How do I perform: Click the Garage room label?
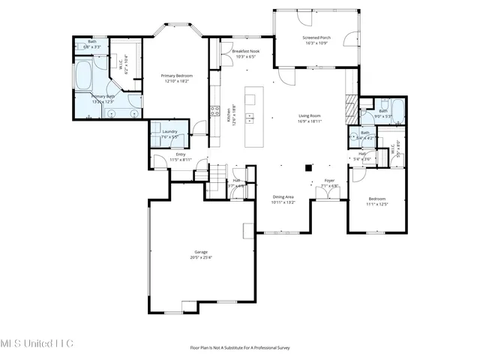click(x=201, y=252)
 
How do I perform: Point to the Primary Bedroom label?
click(x=178, y=76)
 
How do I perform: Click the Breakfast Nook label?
click(x=246, y=51)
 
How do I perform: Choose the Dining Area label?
click(x=283, y=196)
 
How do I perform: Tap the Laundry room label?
click(x=169, y=131)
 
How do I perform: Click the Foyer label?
click(x=328, y=181)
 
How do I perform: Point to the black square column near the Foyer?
click(x=307, y=168)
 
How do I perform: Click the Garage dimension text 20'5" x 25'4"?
click(x=201, y=257)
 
